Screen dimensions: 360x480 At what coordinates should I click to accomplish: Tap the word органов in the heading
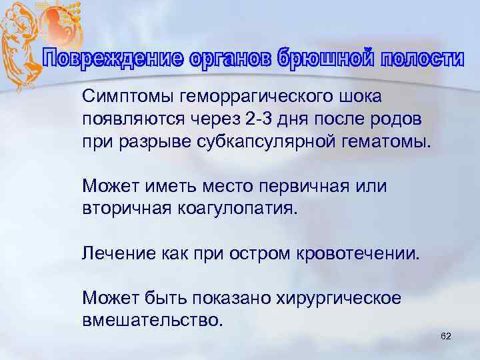[222, 60]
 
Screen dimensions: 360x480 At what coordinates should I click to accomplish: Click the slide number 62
[446, 337]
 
